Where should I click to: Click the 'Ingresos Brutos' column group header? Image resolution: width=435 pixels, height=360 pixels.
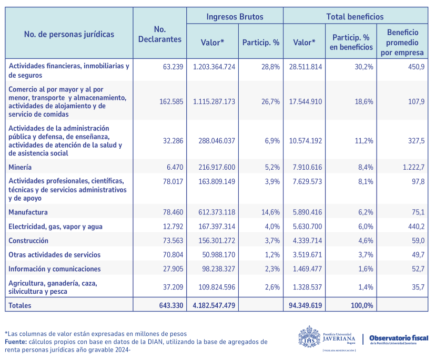pyautogui.click(x=235, y=17)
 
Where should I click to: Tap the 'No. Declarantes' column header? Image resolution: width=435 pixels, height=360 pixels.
pyautogui.click(x=159, y=34)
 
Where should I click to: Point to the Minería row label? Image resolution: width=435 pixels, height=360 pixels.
pyautogui.click(x=20, y=167)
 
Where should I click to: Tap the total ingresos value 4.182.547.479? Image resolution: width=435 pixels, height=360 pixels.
pyautogui.click(x=214, y=305)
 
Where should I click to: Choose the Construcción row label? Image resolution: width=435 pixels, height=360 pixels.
pyautogui.click(x=28, y=241)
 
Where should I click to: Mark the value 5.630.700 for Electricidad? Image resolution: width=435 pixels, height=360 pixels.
pyautogui.click(x=306, y=227)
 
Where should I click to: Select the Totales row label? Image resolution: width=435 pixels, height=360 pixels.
pyautogui.click(x=20, y=305)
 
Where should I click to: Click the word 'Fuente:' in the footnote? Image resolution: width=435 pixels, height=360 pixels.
pyautogui.click(x=16, y=342)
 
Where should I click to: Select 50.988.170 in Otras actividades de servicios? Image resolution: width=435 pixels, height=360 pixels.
pyautogui.click(x=216, y=254)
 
